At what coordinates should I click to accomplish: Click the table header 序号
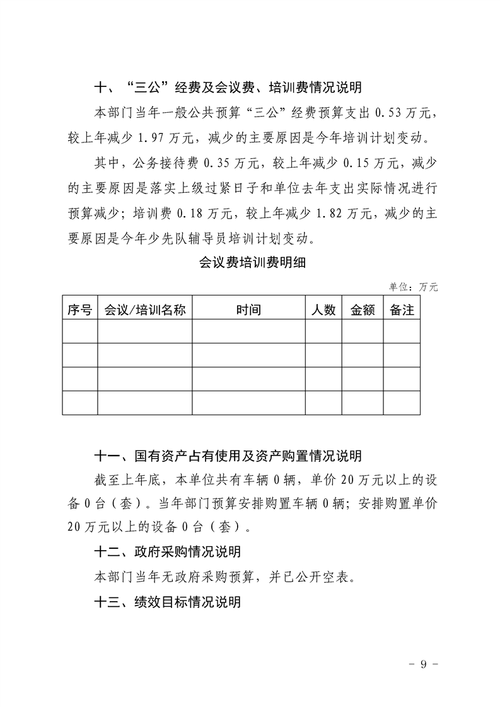[x=79, y=309]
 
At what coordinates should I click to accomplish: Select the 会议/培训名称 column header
[x=144, y=309]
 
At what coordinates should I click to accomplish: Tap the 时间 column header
[x=248, y=309]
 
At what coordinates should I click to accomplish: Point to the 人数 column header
[x=323, y=309]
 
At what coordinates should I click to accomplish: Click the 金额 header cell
[x=363, y=309]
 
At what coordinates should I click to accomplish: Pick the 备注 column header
[x=402, y=309]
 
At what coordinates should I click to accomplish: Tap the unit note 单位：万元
[x=413, y=287]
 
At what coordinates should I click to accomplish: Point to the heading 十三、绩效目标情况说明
[x=166, y=602]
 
